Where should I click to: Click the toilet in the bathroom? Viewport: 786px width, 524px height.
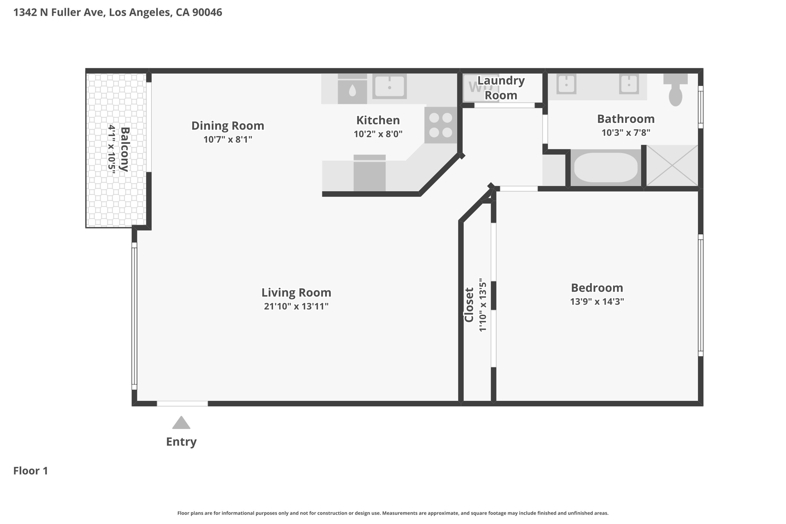click(675, 90)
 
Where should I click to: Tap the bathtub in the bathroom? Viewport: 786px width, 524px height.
click(606, 168)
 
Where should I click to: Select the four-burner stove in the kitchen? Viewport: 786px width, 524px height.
click(441, 125)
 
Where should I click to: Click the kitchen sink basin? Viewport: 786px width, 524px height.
click(390, 86)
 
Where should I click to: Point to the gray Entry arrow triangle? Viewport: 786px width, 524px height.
click(181, 423)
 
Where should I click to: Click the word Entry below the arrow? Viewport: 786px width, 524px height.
click(181, 442)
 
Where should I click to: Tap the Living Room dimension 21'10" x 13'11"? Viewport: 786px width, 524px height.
click(296, 306)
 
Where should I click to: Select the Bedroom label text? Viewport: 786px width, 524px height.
click(597, 288)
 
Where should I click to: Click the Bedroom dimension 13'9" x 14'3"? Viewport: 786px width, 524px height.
click(597, 301)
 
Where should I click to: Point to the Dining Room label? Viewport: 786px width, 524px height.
click(228, 126)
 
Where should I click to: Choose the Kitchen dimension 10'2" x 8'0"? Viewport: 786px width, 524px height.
click(378, 134)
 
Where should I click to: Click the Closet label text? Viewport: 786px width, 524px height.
click(469, 305)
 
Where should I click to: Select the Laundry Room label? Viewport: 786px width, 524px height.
click(501, 88)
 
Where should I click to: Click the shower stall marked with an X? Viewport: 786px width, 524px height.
click(672, 165)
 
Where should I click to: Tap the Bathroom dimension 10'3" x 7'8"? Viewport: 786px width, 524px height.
click(626, 133)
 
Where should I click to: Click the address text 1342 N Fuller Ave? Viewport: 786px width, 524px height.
click(59, 12)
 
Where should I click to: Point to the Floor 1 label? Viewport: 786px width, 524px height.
click(31, 471)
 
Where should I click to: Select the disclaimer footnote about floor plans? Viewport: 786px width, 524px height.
click(393, 513)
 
